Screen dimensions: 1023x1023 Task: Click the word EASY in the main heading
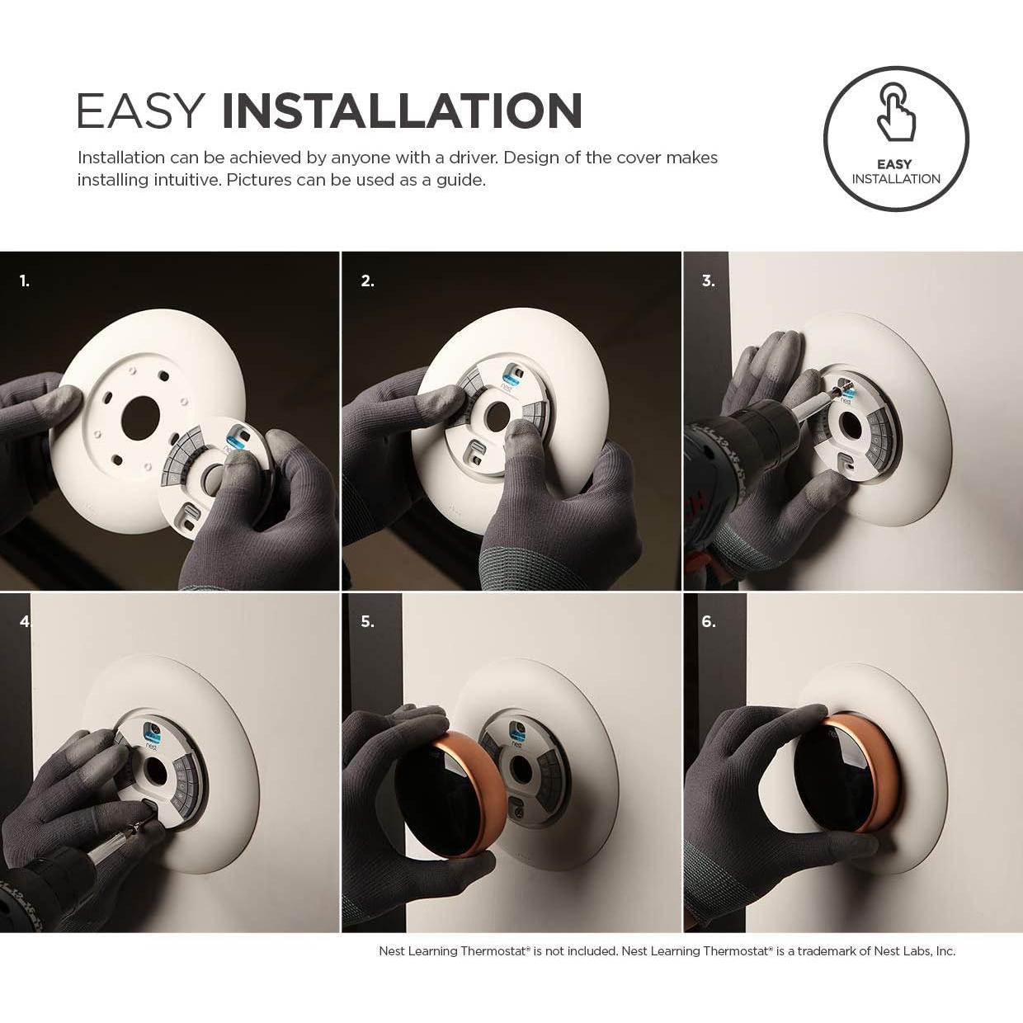pos(140,111)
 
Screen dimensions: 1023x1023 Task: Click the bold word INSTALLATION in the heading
pos(402,111)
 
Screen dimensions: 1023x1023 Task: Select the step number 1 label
pos(25,281)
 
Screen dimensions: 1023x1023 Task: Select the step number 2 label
pos(367,281)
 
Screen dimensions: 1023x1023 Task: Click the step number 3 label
pos(708,281)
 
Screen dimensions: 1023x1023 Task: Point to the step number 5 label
pos(367,622)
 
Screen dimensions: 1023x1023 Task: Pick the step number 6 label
pos(708,622)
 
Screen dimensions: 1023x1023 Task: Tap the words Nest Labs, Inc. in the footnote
pos(917,951)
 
